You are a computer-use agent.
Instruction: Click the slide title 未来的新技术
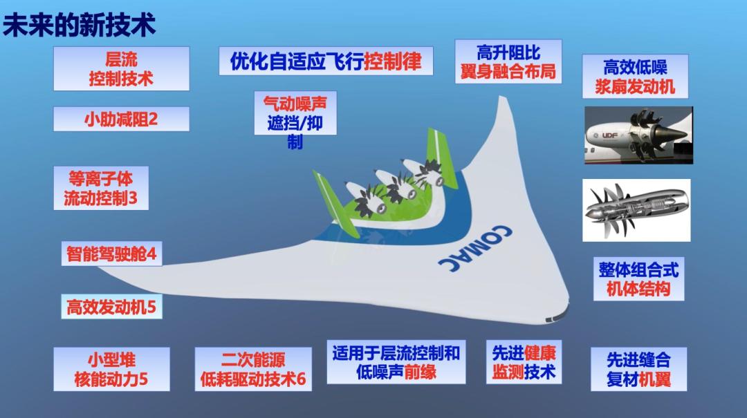coord(79,25)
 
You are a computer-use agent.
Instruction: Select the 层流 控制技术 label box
coord(122,68)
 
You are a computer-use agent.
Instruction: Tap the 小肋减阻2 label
coord(122,119)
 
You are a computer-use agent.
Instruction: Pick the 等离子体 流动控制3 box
coord(101,188)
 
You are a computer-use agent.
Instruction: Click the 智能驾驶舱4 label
coord(111,254)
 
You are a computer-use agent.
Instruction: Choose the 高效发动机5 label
coord(111,307)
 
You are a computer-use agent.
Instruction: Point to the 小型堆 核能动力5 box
coord(111,370)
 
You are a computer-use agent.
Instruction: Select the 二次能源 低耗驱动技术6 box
coord(253,370)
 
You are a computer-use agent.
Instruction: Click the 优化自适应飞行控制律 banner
coord(326,61)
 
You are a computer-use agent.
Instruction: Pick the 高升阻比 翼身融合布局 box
coord(508,61)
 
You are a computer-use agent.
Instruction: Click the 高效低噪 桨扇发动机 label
coord(636,76)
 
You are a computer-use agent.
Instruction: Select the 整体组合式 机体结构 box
coord(639,279)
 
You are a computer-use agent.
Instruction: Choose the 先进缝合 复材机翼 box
coord(639,370)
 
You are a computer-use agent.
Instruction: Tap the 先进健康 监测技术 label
coord(524,362)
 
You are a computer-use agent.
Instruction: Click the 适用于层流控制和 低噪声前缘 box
coord(396,362)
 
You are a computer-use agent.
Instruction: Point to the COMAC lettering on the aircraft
coord(475,248)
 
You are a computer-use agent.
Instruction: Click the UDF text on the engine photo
coord(609,135)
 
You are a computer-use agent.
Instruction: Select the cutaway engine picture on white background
coord(636,210)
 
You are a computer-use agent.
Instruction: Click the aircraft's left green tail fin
coord(335,203)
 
